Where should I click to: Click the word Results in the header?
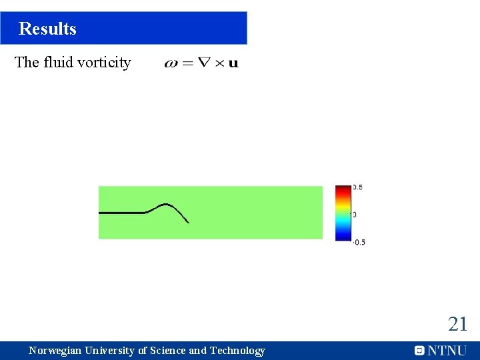(47, 29)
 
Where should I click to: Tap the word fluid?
(61, 63)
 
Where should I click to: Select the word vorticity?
(107, 63)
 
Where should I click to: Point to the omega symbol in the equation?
(171, 64)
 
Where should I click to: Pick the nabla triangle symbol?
(205, 63)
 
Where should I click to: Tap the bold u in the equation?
(233, 64)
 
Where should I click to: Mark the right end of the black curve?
(189, 223)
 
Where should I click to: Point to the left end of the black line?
(100, 213)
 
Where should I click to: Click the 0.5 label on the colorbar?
(357, 187)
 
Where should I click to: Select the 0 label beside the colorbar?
(354, 215)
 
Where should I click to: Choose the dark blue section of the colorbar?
(342, 236)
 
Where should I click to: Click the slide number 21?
(457, 325)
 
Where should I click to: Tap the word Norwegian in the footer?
(56, 351)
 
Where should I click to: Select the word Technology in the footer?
(237, 351)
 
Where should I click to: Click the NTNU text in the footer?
(447, 351)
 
